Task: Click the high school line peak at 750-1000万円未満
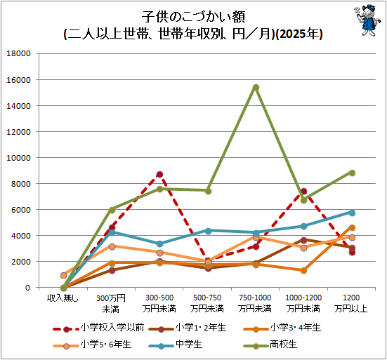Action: (x=256, y=88)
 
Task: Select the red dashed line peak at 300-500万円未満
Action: (x=159, y=175)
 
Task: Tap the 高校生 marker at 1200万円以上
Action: (x=352, y=173)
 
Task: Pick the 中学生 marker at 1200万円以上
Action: (x=352, y=213)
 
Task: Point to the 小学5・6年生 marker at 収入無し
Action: (x=64, y=275)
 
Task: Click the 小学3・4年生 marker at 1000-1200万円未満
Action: (x=304, y=270)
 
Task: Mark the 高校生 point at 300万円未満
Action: (x=112, y=210)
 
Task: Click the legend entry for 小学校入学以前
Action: (x=99, y=328)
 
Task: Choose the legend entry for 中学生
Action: (x=176, y=345)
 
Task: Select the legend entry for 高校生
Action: (x=270, y=345)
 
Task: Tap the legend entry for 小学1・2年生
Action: (x=188, y=328)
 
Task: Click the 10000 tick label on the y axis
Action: (x=18, y=158)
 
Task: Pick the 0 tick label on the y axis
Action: (x=27, y=288)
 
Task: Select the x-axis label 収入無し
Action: (x=63, y=298)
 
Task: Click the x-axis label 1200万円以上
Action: (x=351, y=303)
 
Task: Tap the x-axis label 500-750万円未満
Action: (x=207, y=303)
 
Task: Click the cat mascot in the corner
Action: (x=365, y=20)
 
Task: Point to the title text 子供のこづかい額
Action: (x=194, y=17)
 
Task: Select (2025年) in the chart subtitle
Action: (x=299, y=34)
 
